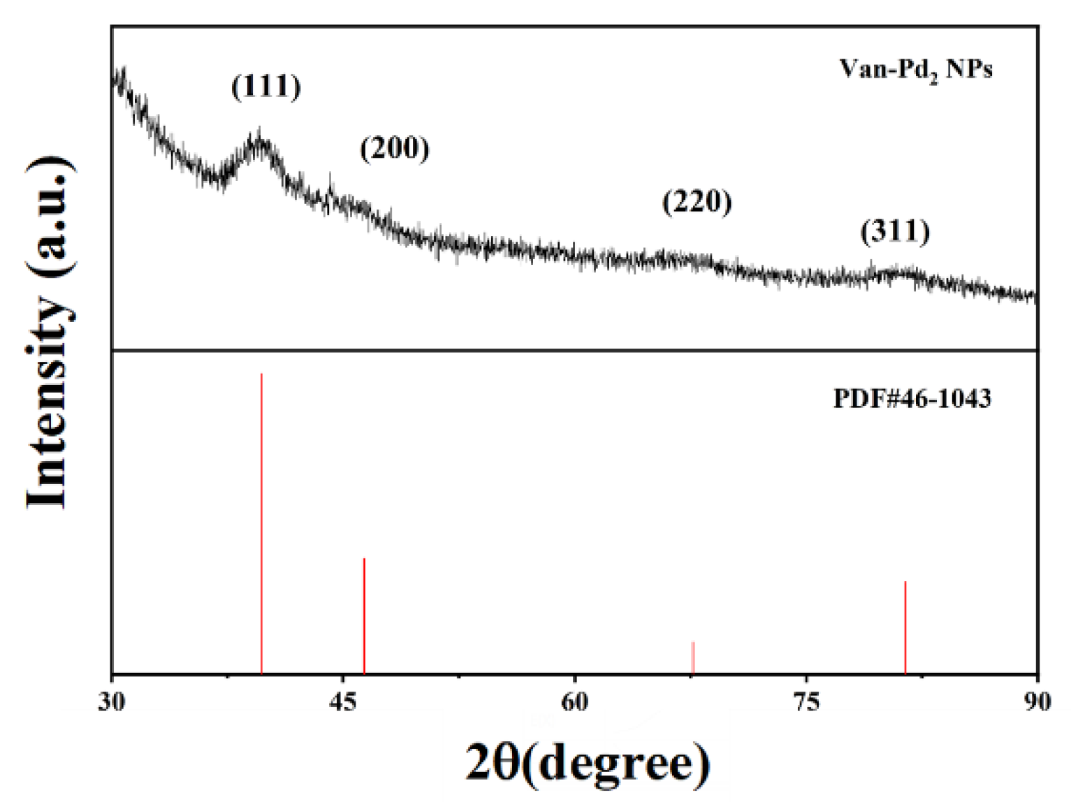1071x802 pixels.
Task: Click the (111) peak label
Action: pos(266,87)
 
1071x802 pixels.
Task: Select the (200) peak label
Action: pos(395,148)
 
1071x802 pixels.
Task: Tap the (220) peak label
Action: pos(697,202)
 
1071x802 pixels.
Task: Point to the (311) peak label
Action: pos(895,231)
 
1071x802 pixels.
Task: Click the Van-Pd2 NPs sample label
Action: pos(916,69)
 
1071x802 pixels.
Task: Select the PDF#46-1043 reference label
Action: pos(912,398)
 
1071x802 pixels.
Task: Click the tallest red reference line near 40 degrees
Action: pos(261,524)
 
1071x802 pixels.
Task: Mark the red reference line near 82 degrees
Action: pos(905,627)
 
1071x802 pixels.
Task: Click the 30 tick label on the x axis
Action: pos(112,701)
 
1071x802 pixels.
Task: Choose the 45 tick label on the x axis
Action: pos(343,701)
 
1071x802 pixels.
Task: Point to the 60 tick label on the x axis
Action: pos(574,701)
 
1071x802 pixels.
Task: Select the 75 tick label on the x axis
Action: pos(806,701)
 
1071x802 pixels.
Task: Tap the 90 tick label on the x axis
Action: pos(1037,701)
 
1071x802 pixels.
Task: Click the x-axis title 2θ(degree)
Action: pos(588,762)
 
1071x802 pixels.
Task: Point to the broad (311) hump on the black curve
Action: pos(898,271)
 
